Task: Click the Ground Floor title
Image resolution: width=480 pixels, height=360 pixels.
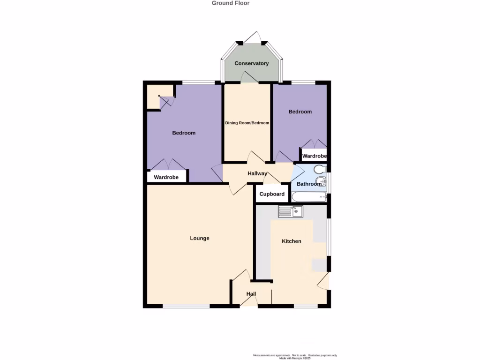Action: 231,3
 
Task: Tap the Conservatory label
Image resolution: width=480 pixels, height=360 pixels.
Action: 252,63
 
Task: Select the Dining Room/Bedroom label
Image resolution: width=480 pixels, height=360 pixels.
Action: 247,123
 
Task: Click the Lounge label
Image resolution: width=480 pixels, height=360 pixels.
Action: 200,238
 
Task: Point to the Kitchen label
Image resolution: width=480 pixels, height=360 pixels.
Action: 292,241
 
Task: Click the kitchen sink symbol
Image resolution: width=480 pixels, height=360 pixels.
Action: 291,212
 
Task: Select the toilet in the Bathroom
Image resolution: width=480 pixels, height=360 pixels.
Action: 319,169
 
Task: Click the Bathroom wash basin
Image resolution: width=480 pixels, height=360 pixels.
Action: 321,181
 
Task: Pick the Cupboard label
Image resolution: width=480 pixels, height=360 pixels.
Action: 272,194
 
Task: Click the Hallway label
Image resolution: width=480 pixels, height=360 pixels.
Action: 257,173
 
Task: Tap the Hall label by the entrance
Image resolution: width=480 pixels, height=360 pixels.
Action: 251,294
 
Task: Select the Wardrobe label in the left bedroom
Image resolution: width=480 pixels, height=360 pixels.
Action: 166,177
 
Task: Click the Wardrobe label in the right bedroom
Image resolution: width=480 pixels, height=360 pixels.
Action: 314,156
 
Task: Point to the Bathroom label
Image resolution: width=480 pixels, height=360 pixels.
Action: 309,184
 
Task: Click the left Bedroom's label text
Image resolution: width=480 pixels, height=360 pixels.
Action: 184,133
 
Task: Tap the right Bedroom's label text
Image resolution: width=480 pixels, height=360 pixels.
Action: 300,112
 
